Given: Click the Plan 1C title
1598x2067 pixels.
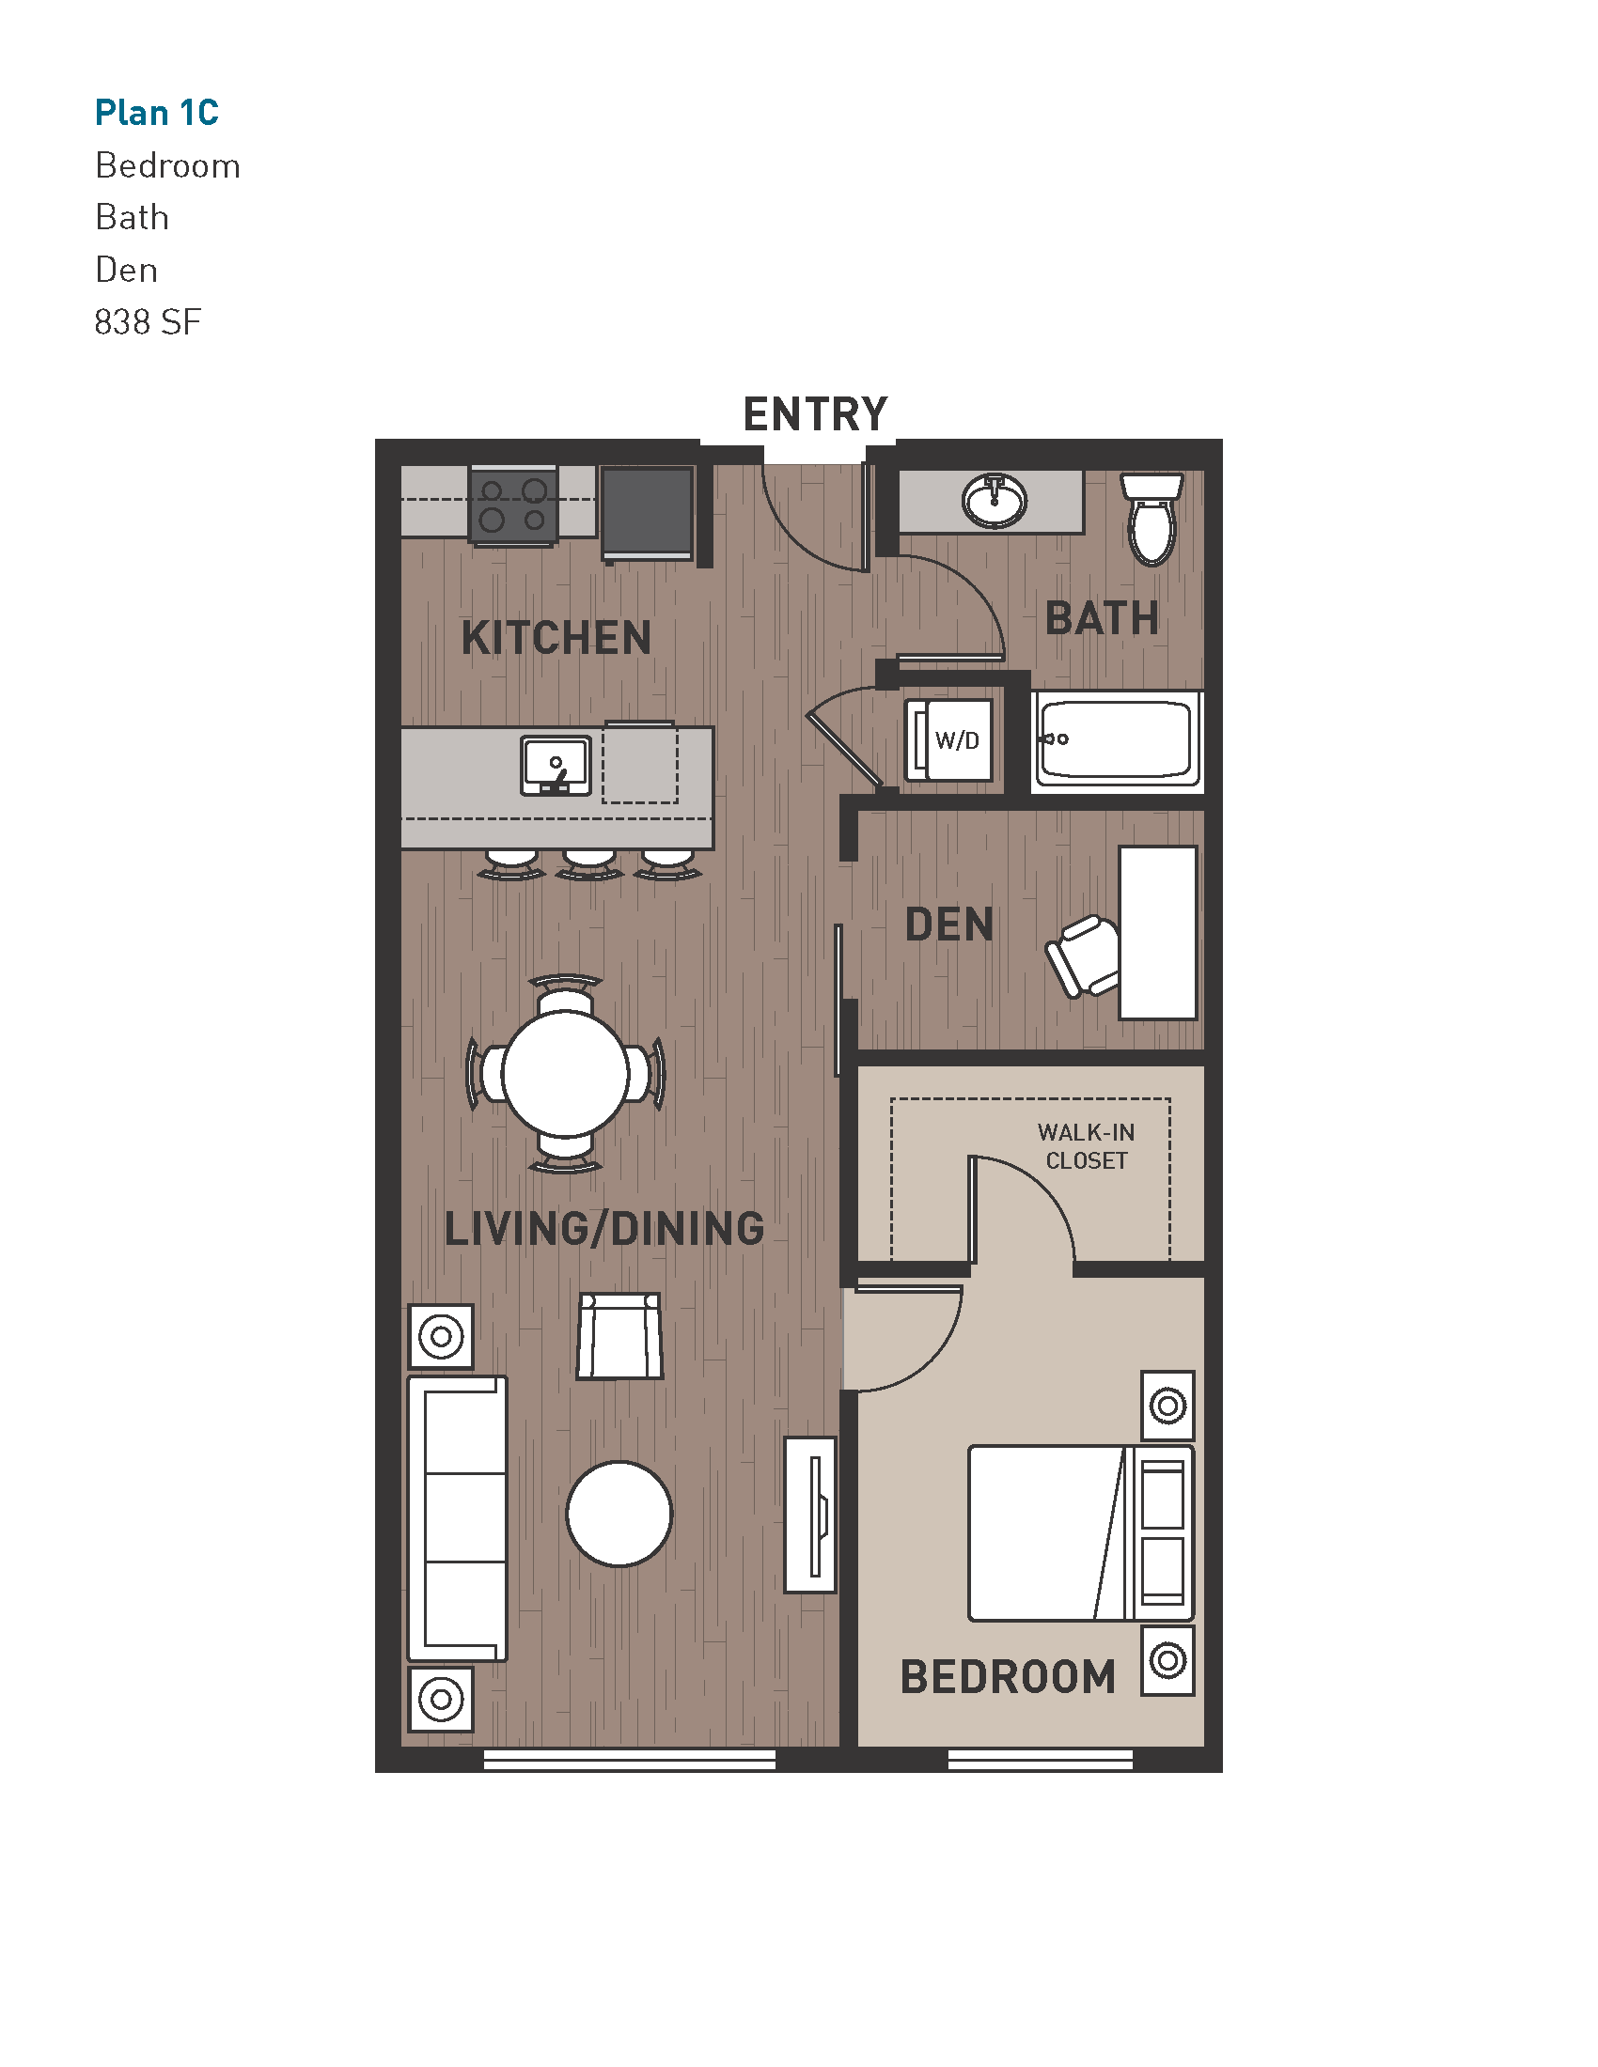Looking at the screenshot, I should coord(156,113).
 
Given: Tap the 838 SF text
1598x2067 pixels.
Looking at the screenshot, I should coord(148,322).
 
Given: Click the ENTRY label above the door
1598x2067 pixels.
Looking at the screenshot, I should coord(815,414).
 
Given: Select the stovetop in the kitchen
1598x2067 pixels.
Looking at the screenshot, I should coord(513,505).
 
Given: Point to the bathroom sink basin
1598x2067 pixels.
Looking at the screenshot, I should coord(994,500).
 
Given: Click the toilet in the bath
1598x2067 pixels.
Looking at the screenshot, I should coord(1151,520).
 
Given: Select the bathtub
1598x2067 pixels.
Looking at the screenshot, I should coord(1117,739).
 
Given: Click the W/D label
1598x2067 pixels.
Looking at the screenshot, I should coord(957,740).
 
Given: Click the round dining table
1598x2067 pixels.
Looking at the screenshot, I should coord(565,1073).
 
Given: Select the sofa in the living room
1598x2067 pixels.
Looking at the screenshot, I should coord(458,1518).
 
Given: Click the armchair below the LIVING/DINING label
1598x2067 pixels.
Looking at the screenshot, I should coord(620,1336).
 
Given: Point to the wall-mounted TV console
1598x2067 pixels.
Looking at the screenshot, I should coord(811,1515).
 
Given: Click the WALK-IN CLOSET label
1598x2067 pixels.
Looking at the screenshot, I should coord(1086,1146).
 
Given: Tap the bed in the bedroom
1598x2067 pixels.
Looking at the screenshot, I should coord(1079,1533).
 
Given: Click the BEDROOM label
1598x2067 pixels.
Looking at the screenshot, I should coord(1008,1677).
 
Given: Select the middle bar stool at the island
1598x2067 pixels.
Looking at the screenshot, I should coord(588,863).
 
